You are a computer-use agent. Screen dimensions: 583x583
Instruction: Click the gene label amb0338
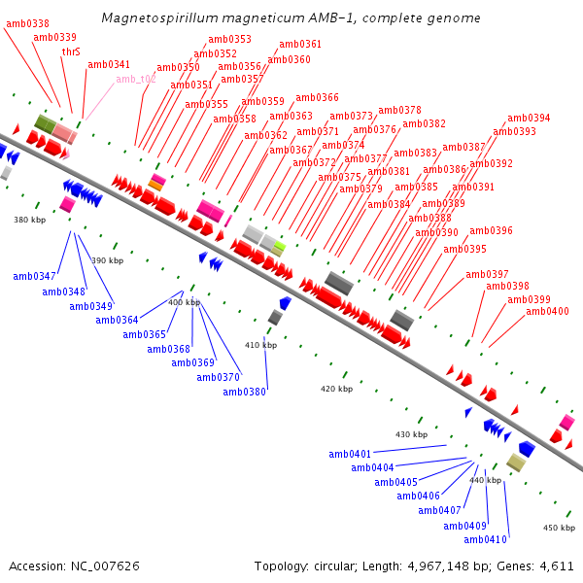(27, 23)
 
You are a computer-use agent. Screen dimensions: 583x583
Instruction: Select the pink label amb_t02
(136, 80)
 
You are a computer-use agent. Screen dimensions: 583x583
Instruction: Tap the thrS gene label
(71, 51)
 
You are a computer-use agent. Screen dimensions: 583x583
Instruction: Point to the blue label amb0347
(34, 277)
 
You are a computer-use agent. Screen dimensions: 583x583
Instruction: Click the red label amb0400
(547, 312)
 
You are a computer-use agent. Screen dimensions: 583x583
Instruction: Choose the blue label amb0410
(485, 540)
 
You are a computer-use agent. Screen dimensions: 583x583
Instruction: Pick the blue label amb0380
(244, 393)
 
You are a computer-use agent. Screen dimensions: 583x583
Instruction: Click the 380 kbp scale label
(29, 221)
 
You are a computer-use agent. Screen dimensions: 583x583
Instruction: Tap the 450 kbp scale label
(560, 528)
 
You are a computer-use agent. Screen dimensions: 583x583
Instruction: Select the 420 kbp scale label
(336, 389)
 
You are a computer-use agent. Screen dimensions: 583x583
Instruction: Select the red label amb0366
(317, 98)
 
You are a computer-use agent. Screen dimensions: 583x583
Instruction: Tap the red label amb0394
(529, 119)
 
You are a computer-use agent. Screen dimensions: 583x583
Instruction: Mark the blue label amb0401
(350, 455)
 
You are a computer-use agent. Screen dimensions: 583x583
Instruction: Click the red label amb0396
(491, 231)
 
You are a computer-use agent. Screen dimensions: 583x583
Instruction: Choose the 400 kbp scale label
(185, 303)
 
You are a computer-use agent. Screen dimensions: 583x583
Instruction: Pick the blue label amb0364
(116, 321)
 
